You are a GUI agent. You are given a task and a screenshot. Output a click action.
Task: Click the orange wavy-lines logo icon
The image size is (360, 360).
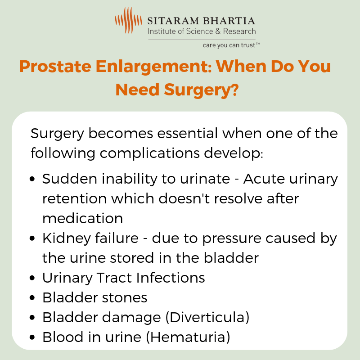pos(128,20)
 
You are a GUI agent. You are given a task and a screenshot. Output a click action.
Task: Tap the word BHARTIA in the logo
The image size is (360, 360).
pos(229,21)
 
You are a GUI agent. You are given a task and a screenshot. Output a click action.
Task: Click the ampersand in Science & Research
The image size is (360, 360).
pos(218,31)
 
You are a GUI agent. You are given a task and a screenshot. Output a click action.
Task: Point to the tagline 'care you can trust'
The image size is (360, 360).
pos(229,45)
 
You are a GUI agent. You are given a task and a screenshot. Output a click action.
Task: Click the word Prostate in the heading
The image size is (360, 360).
pos(55,67)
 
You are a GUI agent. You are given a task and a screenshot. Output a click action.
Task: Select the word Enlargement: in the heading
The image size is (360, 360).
pos(153,67)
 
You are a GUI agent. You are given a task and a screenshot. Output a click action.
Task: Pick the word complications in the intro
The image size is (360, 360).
pos(150,153)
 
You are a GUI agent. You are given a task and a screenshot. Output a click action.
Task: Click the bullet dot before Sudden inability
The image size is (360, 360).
pos(32,179)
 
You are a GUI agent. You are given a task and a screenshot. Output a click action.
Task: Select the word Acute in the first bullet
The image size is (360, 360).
pos(264,179)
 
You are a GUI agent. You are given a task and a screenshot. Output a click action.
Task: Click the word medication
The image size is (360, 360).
pos(83,218)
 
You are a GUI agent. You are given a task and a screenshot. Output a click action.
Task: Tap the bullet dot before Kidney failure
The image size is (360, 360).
pos(32,238)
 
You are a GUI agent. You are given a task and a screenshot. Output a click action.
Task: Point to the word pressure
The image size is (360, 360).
pos(232,239)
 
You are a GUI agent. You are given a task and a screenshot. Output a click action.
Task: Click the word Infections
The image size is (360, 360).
pos(171,278)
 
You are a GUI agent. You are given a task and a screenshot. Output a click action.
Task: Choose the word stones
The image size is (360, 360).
pos(125,298)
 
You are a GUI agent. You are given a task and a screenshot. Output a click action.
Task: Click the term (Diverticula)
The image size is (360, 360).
pos(207,318)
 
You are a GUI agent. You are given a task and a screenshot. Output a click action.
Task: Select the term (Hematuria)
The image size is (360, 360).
pos(188,337)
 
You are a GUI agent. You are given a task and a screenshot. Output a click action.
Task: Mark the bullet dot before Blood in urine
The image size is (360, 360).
pos(32,337)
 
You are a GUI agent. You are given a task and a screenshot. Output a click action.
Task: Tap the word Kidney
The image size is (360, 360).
pos(67,239)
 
